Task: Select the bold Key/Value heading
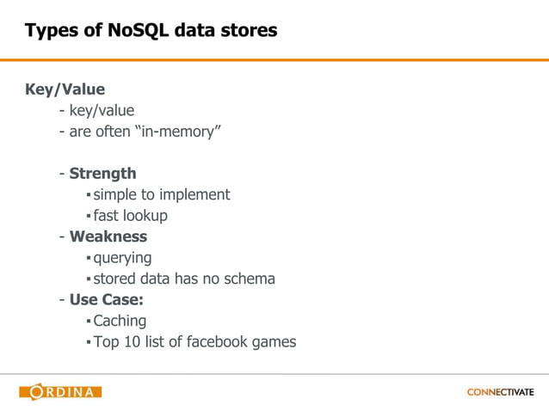tap(65, 89)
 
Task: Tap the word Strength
tap(102, 174)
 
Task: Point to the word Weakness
tap(108, 236)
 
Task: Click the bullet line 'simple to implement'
tap(161, 194)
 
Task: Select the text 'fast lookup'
tap(130, 216)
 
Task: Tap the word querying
tap(122, 258)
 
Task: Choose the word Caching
tap(120, 321)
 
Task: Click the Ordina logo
tap(60, 392)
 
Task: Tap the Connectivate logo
tap(500, 392)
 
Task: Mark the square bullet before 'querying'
tap(88, 259)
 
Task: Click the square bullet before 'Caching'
tap(88, 322)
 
